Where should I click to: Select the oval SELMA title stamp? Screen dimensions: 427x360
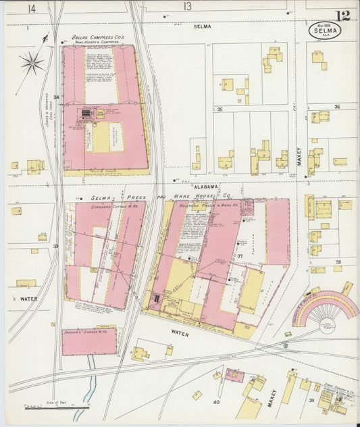(324, 30)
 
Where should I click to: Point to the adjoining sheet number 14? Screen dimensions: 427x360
(32, 8)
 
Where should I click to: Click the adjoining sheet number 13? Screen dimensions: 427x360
(187, 7)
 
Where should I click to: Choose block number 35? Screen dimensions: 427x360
(220, 109)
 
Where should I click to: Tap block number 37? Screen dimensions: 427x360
(239, 256)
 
